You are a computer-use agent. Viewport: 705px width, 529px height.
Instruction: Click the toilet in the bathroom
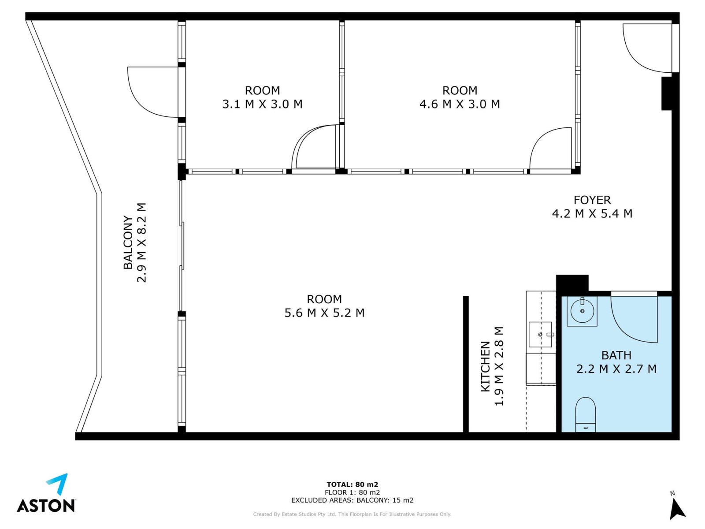586,414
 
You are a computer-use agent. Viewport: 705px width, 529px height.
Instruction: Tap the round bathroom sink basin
582,311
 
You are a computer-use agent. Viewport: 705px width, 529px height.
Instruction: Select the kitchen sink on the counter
540,334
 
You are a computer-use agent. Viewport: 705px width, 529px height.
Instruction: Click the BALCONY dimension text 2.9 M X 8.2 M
141,242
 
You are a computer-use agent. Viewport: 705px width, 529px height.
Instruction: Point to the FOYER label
592,200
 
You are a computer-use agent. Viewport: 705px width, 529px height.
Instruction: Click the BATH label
616,355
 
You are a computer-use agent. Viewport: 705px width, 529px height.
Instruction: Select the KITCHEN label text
485,366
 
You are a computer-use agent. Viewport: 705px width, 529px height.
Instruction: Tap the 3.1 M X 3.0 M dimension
263,104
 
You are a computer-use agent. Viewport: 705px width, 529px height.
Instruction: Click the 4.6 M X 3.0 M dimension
460,104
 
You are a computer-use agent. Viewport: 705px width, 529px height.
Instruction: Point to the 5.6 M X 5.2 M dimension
324,313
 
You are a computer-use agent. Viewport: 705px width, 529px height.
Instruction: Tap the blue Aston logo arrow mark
58,484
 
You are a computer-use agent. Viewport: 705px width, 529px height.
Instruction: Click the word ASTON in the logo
46,505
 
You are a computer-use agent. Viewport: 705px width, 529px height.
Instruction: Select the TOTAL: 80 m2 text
352,484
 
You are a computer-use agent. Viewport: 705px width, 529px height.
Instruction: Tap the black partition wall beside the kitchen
466,364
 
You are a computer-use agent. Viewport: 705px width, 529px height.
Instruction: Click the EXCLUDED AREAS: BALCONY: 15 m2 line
352,500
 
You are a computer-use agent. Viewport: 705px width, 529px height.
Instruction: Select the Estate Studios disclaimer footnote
352,514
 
